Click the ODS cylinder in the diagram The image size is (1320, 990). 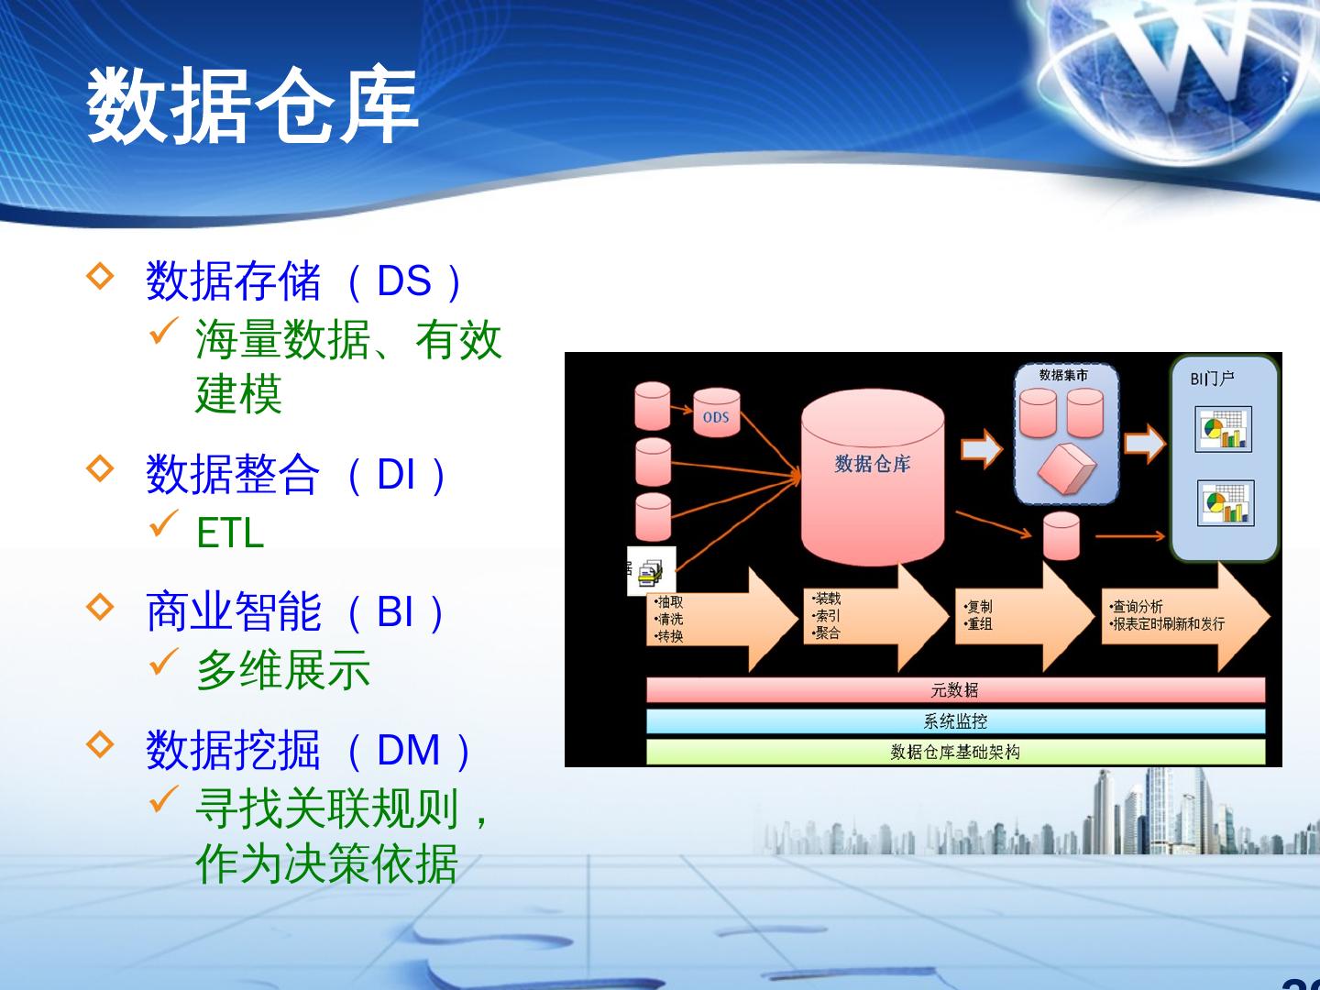716,414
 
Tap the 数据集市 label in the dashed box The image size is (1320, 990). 1063,375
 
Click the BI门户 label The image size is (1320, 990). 1212,379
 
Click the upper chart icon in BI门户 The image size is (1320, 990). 1223,429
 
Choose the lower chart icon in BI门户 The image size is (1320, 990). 1225,503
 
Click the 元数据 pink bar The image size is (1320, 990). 955,690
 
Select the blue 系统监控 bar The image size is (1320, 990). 955,721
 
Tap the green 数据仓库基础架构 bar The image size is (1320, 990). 955,752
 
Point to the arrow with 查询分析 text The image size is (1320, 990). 1182,615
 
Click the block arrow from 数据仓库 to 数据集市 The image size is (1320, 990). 981,448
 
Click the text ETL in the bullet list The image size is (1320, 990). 230,533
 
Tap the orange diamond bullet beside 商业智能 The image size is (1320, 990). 99,607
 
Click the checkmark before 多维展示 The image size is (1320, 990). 162,662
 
